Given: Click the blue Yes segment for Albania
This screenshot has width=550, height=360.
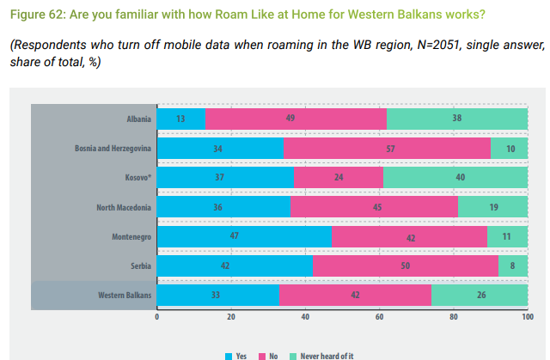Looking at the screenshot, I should click(x=181, y=119).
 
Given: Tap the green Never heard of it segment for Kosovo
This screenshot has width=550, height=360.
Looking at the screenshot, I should click(x=455, y=178).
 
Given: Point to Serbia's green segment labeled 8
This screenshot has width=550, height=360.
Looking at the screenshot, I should click(x=513, y=266).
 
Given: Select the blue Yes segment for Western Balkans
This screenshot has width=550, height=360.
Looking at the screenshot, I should click(x=218, y=296).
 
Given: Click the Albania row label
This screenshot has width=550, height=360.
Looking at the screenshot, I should click(x=138, y=119).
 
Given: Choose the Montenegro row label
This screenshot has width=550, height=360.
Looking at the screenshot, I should click(x=132, y=236).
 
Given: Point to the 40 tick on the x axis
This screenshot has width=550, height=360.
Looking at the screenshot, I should click(x=305, y=317).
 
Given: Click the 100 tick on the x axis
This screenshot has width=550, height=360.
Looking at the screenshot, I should click(x=527, y=317).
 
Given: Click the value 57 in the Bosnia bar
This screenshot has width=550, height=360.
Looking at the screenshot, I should click(x=391, y=148).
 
